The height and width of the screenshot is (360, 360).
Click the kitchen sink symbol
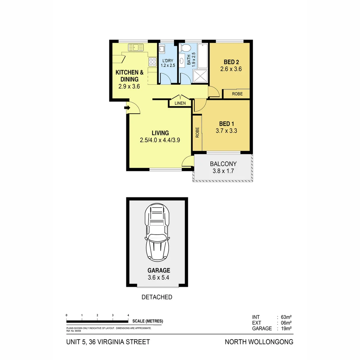coord(136,47)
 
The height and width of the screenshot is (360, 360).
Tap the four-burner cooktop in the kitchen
coord(152,62)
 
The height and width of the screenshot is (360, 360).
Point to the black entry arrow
coord(127,108)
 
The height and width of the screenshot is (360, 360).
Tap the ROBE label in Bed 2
coord(237,94)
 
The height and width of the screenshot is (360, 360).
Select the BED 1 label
coord(226,124)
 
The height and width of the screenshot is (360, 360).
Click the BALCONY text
coord(223,164)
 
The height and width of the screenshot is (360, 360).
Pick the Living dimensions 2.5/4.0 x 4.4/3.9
coord(160,140)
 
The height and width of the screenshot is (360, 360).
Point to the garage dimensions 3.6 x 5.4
coord(159,277)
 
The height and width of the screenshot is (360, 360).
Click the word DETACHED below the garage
coord(157,297)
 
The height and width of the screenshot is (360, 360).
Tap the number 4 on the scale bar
coord(128,315)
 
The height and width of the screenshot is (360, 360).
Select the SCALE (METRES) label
coord(148,321)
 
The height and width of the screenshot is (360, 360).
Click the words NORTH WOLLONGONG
coord(259,342)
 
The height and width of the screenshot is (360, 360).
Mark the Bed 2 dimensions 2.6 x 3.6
coord(231,69)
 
